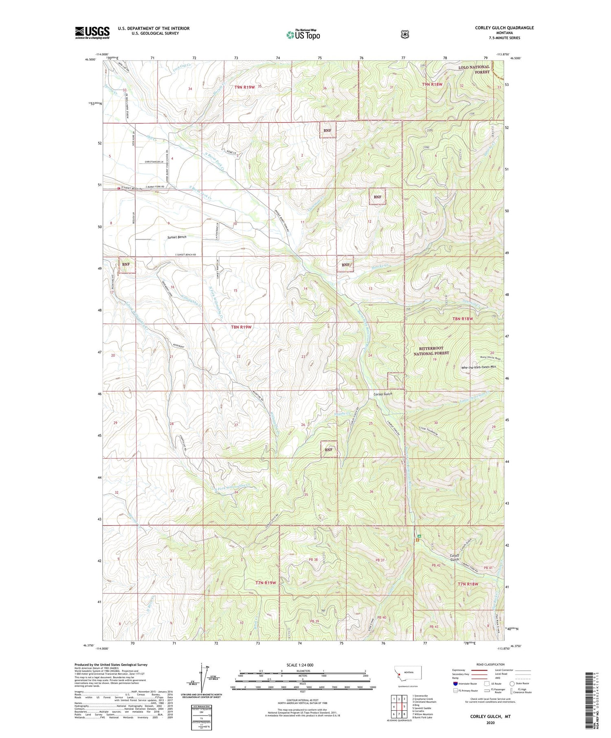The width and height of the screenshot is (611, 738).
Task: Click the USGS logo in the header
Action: (x=92, y=33)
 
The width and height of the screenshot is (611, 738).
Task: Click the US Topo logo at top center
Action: (x=303, y=35)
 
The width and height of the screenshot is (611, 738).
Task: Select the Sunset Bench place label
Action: (x=177, y=237)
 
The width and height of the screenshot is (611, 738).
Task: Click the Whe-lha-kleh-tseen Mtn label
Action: (x=479, y=367)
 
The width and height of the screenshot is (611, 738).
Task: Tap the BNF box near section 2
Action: (x=327, y=130)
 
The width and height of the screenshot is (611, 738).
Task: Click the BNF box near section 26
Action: (x=329, y=449)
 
